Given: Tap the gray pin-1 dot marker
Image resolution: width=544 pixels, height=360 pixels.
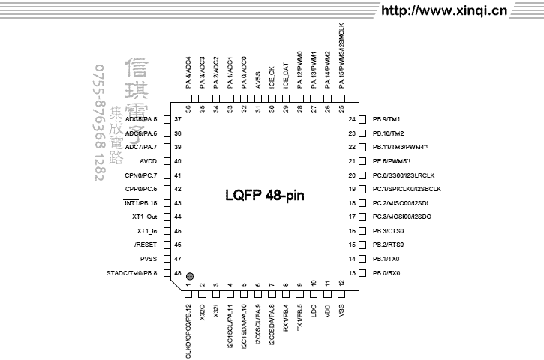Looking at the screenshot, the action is tap(190, 276).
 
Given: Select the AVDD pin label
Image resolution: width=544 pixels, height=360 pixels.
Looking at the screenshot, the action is tap(147, 161).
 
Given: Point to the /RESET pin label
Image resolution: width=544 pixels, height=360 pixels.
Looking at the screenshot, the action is tap(146, 244).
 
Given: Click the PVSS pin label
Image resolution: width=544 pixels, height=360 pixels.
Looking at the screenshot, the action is tap(148, 259).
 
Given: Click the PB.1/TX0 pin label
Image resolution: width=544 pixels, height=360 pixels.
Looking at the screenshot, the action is tap(386, 259).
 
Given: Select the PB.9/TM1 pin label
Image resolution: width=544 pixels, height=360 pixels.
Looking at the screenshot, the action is tap(386, 120).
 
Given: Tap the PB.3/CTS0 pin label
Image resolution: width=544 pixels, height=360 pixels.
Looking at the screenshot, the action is tap(389, 231).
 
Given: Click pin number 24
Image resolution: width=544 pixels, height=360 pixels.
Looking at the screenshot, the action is tap(351, 120).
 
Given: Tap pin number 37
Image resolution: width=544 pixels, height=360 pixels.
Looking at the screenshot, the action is tap(178, 120).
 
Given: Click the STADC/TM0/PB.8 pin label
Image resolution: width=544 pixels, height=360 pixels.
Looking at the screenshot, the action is tap(132, 273).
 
